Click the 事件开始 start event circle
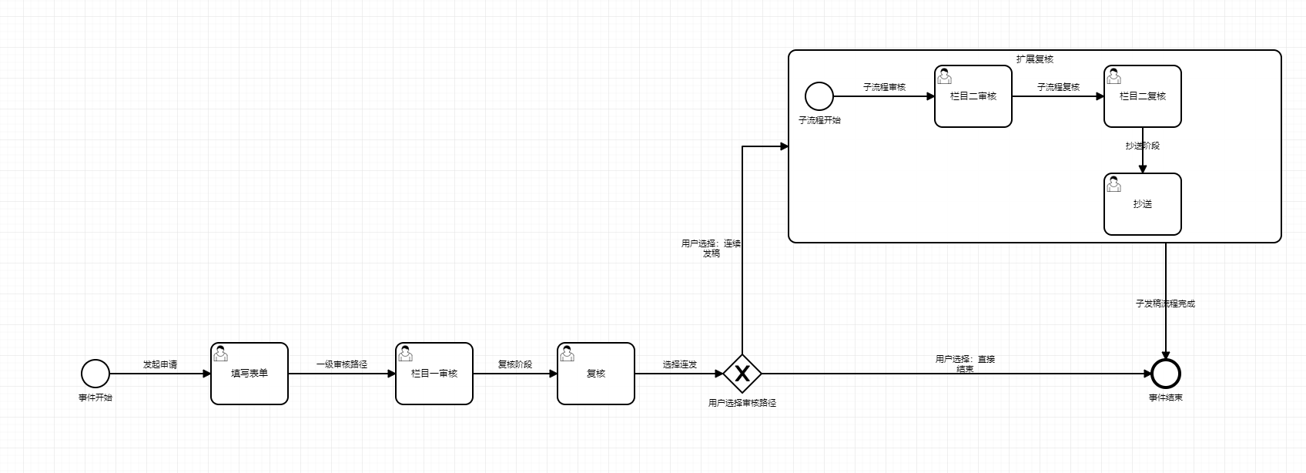click(x=95, y=374)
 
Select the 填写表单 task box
click(x=249, y=374)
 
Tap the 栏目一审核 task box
click(x=434, y=374)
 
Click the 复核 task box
click(x=596, y=374)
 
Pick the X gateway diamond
click(x=742, y=374)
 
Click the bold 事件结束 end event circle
click(x=1166, y=374)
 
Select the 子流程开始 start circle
click(x=819, y=96)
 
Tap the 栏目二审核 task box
click(x=973, y=96)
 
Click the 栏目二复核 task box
click(x=1143, y=96)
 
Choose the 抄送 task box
click(x=1143, y=204)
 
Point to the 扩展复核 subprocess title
click(x=1034, y=59)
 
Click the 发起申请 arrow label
click(x=160, y=364)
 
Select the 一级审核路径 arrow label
click(x=342, y=364)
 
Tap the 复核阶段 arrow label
click(x=515, y=364)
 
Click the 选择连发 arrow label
click(x=680, y=364)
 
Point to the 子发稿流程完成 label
click(x=1165, y=304)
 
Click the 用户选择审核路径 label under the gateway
click(x=742, y=403)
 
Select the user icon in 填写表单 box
click(x=221, y=353)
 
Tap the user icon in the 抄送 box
click(x=1113, y=183)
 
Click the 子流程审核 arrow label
click(x=884, y=87)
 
